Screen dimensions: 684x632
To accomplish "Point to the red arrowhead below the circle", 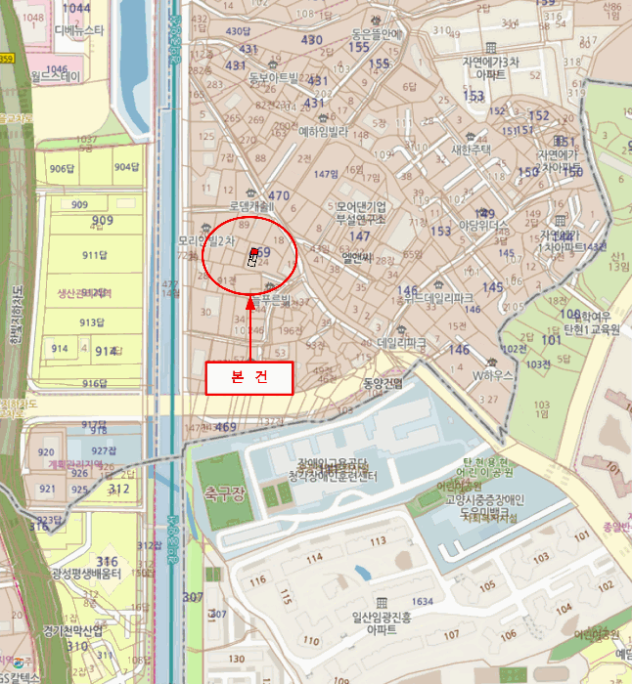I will coord(249,303).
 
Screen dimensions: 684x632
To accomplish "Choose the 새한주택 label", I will coord(471,150).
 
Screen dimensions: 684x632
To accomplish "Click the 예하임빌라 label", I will coord(323,131).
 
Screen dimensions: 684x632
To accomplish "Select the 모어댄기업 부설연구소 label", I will coord(360,213).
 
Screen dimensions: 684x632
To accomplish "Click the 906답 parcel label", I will coord(62,168).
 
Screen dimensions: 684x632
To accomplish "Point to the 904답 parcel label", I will coord(126,167).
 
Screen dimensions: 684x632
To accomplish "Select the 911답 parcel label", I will coord(94,256).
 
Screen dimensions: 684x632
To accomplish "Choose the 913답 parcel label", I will coord(92,322).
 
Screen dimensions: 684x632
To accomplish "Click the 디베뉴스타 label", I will coord(79,31).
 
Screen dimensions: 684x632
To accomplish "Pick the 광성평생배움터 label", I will coord(86,575).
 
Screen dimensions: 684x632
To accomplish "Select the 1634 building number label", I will coord(423,602).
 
